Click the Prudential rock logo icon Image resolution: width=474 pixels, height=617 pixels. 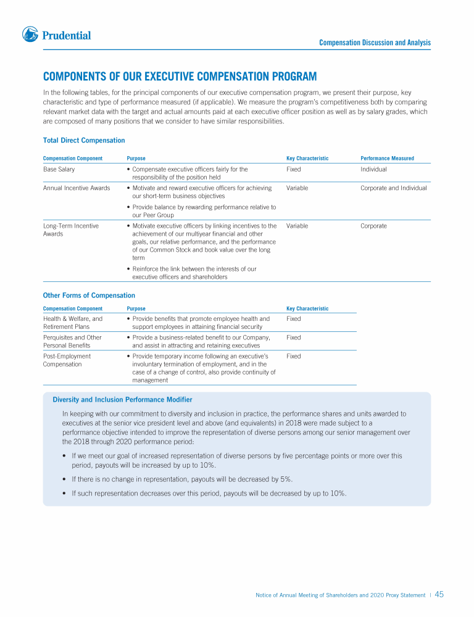[x=30, y=35]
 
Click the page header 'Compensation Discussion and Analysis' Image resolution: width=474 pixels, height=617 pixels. [x=375, y=43]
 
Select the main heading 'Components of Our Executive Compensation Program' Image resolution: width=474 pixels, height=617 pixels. [x=180, y=77]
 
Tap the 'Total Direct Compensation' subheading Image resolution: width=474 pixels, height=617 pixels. [x=84, y=141]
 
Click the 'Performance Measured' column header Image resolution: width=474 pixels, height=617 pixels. [x=387, y=159]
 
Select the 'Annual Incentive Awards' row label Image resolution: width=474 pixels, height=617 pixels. [x=77, y=188]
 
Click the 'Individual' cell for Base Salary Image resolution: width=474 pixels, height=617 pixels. [x=373, y=169]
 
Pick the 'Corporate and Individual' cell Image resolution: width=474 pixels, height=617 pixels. [x=393, y=188]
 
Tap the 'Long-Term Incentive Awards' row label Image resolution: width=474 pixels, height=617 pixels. [x=70, y=230]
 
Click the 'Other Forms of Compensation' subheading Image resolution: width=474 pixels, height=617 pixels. [x=89, y=296]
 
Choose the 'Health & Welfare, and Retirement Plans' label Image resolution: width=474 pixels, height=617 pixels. [x=72, y=323]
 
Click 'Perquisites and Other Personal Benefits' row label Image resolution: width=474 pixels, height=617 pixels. [x=72, y=341]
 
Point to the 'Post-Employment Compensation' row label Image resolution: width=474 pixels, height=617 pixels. [x=67, y=360]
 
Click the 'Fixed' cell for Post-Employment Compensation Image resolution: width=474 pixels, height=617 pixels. [x=294, y=357]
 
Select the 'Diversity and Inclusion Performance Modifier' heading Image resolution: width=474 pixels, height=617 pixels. [x=122, y=400]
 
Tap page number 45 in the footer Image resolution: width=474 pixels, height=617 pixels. [x=439, y=595]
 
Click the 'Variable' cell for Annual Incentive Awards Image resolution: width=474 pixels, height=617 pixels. [x=297, y=188]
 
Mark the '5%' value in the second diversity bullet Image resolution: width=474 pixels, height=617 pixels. [x=284, y=479]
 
